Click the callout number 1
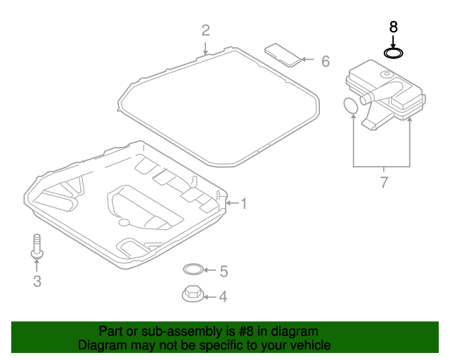244,204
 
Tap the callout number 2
205,30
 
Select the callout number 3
37,282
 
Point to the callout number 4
223,297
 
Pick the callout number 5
224,271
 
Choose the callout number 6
325,62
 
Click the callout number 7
384,184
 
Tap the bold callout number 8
394,27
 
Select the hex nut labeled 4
191,293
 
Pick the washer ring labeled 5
192,269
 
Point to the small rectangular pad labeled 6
281,53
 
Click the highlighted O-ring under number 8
394,53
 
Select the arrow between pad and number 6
307,61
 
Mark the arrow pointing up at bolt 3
37,264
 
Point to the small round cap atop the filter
386,74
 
